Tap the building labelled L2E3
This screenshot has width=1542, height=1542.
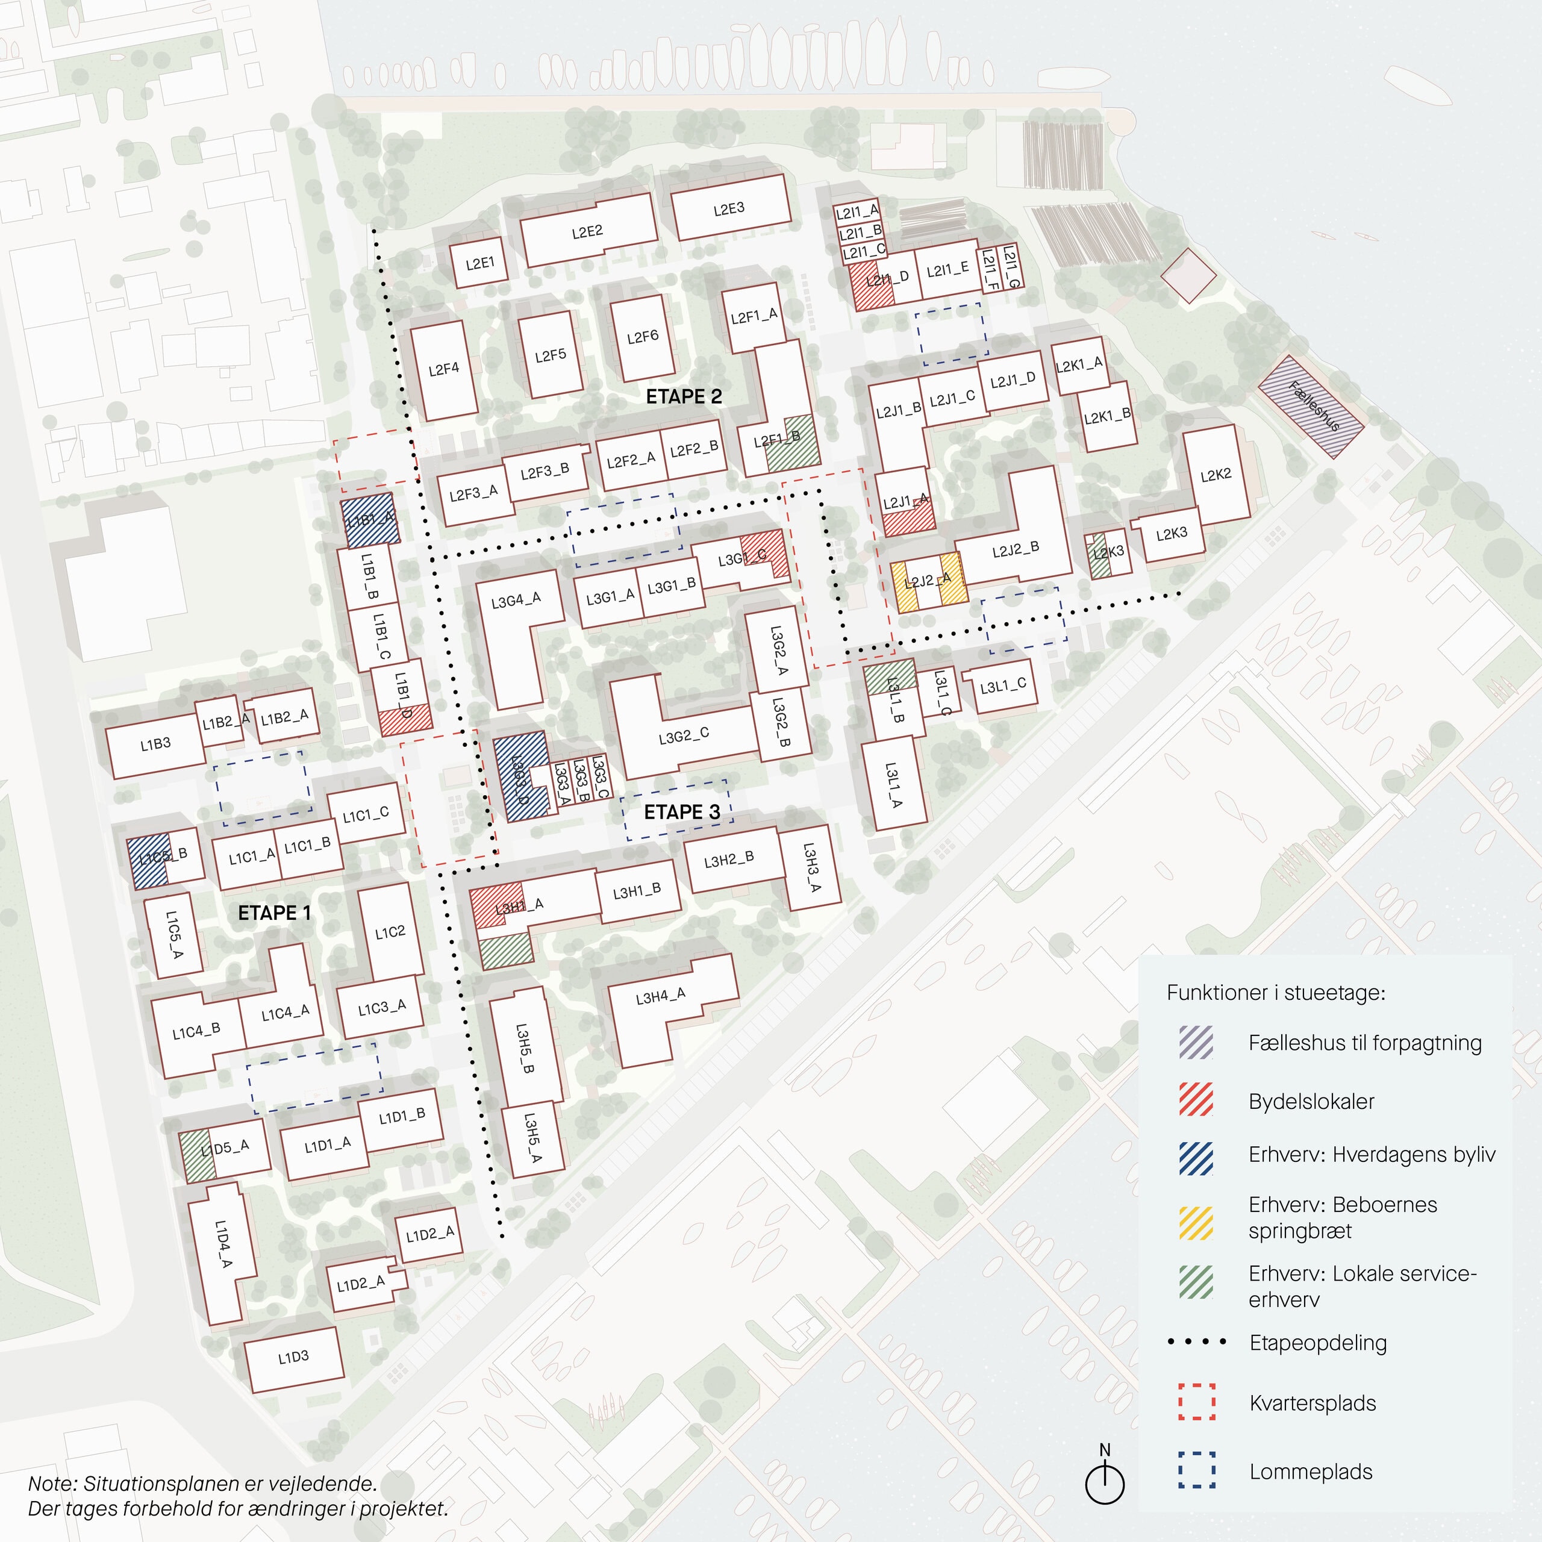pos(730,209)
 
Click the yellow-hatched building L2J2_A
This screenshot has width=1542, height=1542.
pos(928,581)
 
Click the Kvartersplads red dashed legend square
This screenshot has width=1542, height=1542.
pos(1196,1402)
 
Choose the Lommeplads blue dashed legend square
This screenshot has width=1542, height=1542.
pos(1196,1470)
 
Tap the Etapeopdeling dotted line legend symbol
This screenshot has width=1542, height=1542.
pos(1196,1343)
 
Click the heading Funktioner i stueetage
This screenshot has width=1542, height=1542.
pos(1275,993)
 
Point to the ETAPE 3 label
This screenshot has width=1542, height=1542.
pos(682,813)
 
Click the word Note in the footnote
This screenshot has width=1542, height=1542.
pos(52,1484)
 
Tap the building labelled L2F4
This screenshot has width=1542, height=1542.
pos(444,370)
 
